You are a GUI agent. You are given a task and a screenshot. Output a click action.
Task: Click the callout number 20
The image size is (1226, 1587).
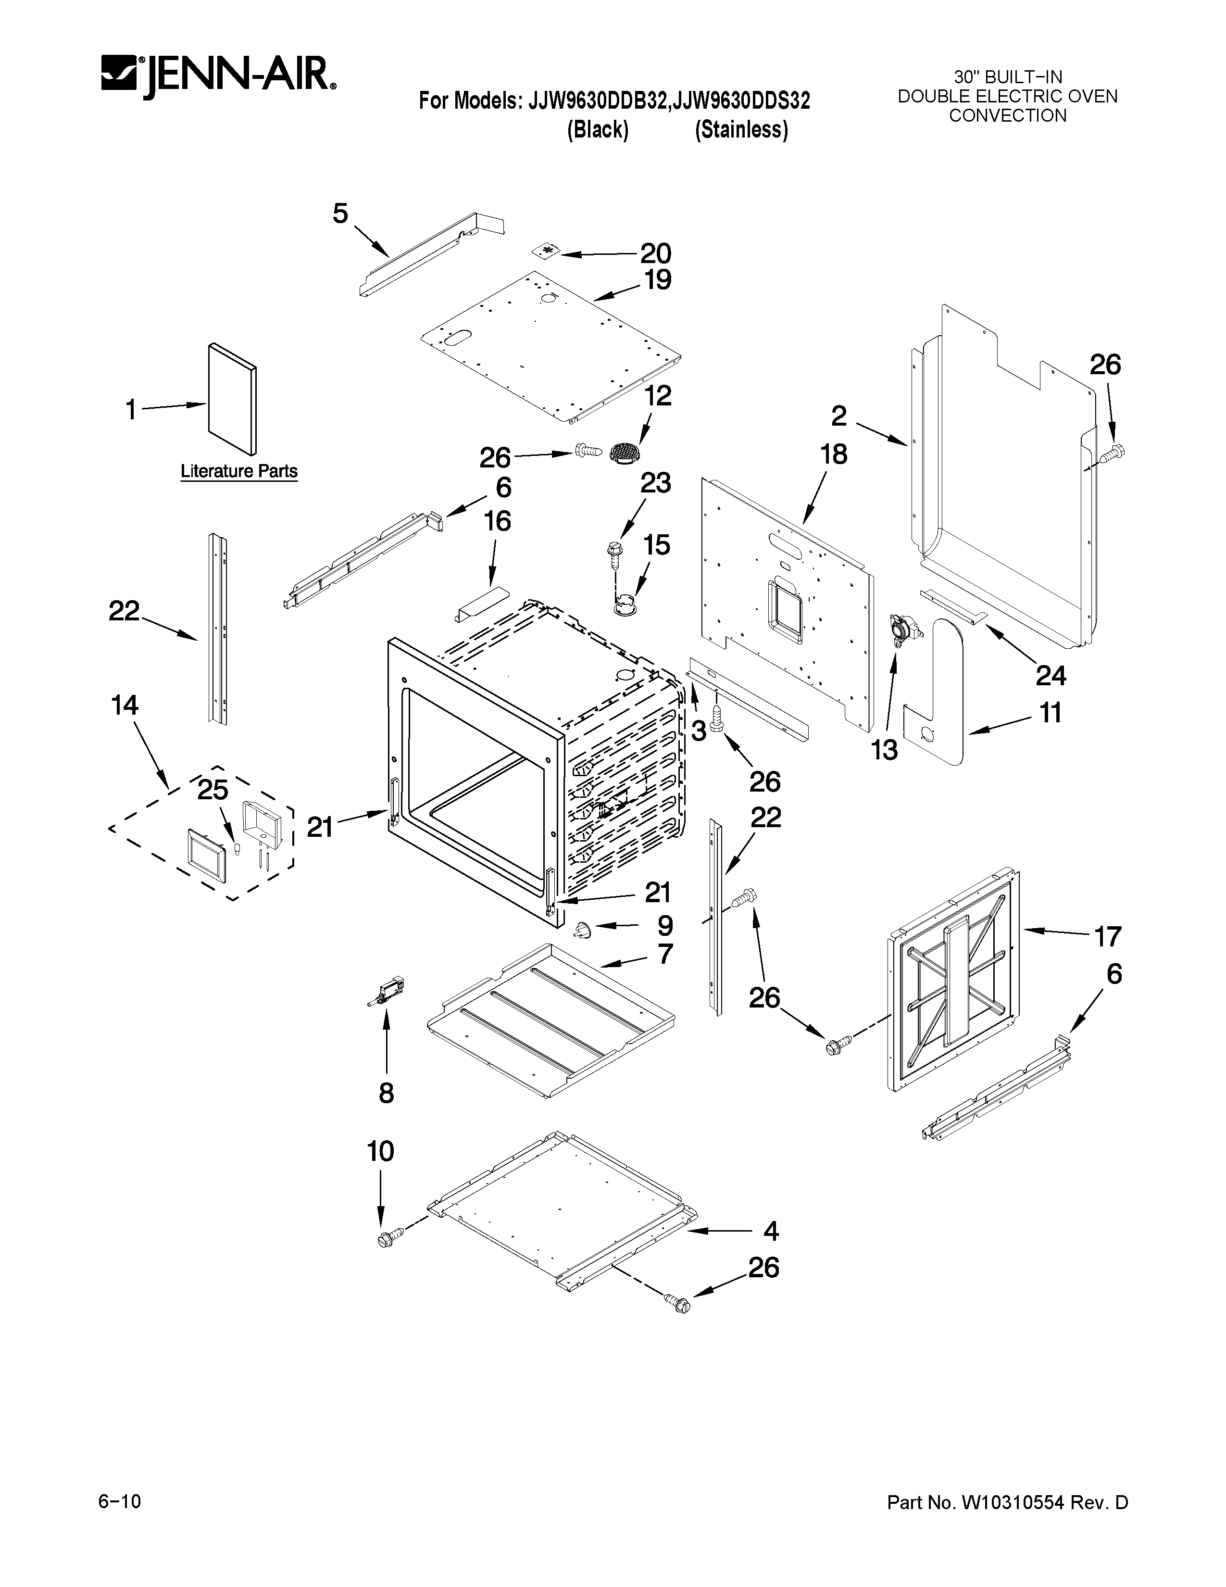[x=655, y=253]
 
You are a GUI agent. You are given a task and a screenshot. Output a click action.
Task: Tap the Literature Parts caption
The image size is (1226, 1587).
[x=239, y=471]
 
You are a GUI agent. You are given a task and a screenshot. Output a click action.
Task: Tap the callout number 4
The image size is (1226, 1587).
[x=771, y=1231]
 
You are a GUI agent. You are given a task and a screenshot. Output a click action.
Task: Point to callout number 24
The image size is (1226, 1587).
[x=1050, y=676]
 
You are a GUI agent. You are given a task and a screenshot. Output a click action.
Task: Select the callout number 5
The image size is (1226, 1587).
[x=340, y=214]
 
